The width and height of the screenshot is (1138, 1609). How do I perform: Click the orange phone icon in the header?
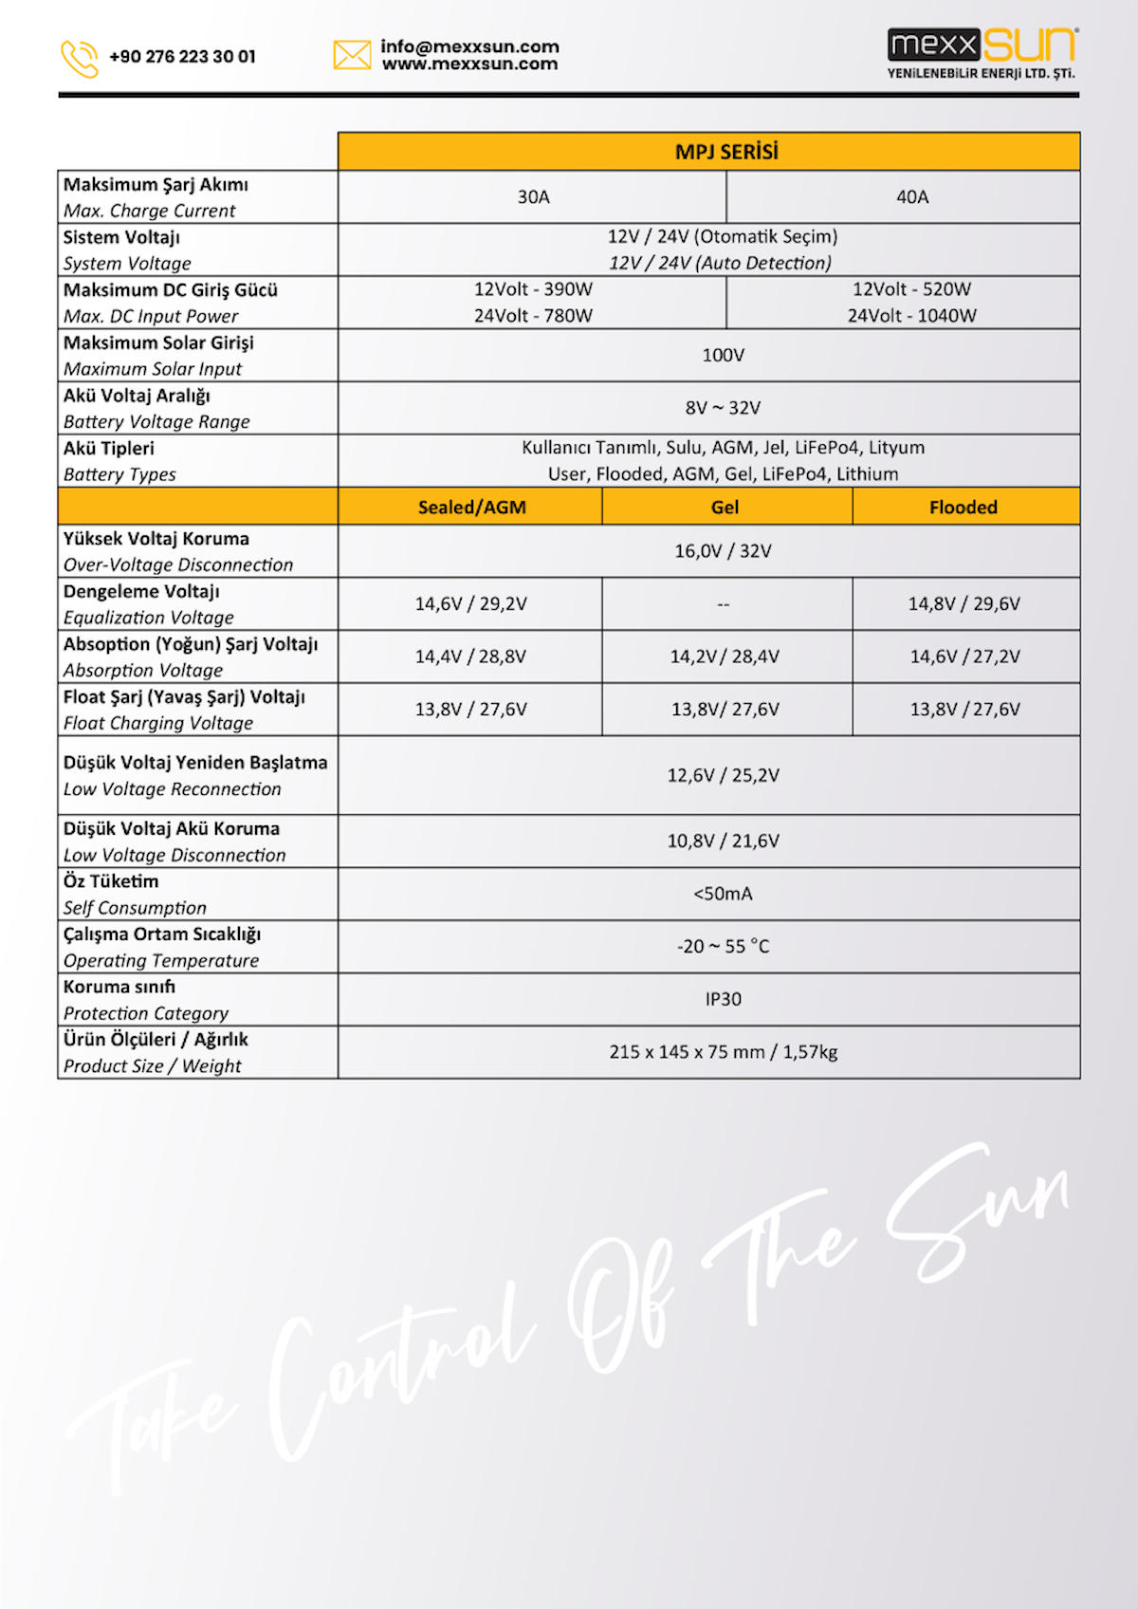coord(79,58)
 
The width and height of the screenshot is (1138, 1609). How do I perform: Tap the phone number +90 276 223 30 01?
coord(182,57)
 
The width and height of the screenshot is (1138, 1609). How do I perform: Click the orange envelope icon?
coord(352,55)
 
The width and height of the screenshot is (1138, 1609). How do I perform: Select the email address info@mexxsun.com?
coord(469,46)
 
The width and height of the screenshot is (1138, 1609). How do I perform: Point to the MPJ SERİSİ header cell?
coord(726,152)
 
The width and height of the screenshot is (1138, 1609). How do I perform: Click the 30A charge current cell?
coord(533,197)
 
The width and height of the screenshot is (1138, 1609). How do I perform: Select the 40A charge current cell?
coord(912,197)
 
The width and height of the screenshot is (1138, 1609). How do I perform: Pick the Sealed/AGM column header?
coord(471,508)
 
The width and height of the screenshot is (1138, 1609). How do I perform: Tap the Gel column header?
coord(725,508)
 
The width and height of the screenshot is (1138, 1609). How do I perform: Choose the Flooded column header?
coord(964,508)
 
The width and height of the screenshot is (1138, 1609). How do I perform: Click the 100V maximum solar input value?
coord(723,356)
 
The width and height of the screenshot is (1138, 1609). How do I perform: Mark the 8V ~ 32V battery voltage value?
coord(723,408)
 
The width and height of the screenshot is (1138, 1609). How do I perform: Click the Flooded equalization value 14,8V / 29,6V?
coord(964,604)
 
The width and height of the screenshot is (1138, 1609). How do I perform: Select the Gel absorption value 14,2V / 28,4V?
coord(725,657)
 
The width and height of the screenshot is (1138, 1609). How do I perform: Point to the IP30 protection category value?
coord(723,1000)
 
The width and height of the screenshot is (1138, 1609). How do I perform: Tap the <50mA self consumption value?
coord(723,895)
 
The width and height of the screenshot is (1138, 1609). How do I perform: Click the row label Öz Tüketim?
coord(111,882)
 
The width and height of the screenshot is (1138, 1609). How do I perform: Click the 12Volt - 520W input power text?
coord(911,289)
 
